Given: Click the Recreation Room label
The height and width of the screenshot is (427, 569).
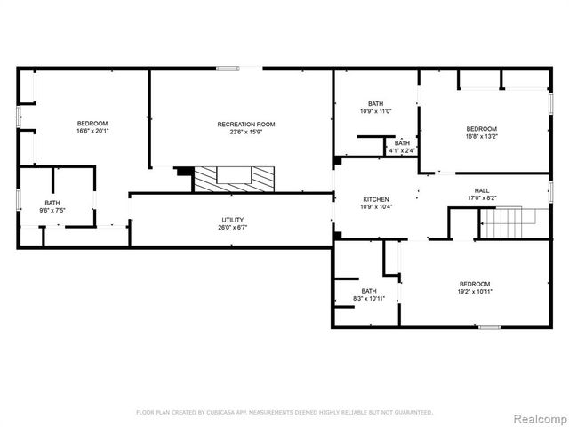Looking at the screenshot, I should click(246, 124).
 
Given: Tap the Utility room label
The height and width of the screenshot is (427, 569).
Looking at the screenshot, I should click(233, 220).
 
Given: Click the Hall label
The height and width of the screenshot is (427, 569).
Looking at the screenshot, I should click(482, 190).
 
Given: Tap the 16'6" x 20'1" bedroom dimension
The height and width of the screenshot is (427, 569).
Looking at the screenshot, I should click(92, 132).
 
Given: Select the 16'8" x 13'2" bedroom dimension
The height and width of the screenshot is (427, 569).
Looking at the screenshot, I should click(482, 136).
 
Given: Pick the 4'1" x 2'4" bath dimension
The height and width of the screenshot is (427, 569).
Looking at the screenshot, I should click(403, 151).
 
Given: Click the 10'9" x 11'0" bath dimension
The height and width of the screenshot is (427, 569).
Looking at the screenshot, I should click(376, 111).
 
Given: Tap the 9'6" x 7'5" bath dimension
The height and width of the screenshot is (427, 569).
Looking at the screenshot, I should click(52, 211).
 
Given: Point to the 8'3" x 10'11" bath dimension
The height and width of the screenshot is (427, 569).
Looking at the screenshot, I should click(368, 299).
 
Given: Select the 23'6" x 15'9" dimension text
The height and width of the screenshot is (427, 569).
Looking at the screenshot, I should click(246, 132).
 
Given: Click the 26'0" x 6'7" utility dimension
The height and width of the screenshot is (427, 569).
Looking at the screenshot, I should click(233, 228).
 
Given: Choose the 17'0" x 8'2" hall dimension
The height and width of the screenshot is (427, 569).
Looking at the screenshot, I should click(482, 198).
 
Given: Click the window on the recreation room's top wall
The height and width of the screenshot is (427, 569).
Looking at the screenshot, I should click(228, 68).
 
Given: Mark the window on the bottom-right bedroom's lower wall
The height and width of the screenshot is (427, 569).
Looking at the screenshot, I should click(489, 328).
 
